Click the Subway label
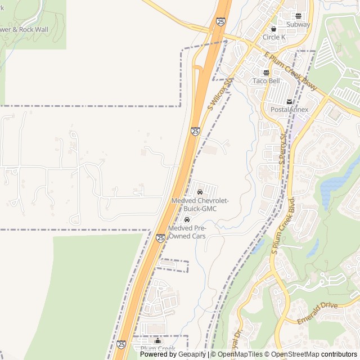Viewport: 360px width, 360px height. pyautogui.click(x=298, y=25)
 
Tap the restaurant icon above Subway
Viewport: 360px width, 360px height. pyautogui.click(x=298, y=16)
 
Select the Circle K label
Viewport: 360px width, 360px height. pyautogui.click(x=274, y=38)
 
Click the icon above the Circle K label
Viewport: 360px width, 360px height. pyautogui.click(x=274, y=29)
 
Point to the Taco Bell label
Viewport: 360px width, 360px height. pyautogui.click(x=266, y=81)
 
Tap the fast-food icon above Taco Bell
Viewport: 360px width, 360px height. pyautogui.click(x=266, y=73)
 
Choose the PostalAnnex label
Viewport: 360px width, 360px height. pyautogui.click(x=289, y=110)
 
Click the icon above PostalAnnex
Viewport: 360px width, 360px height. pyautogui.click(x=289, y=101)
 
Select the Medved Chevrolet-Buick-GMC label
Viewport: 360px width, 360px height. pyautogui.click(x=200, y=205)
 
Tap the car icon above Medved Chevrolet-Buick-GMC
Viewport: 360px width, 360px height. pyautogui.click(x=200, y=192)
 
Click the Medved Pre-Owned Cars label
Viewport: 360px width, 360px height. pyautogui.click(x=187, y=232)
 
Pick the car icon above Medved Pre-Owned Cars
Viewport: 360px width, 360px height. pyautogui.click(x=187, y=219)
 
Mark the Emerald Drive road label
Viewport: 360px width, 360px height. pyautogui.click(x=318, y=313)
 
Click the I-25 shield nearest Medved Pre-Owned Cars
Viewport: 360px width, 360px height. pyautogui.click(x=161, y=238)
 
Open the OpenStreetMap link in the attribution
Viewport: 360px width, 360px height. pyautogui.click(x=292, y=354)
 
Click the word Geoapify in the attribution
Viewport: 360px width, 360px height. pyautogui.click(x=192, y=354)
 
